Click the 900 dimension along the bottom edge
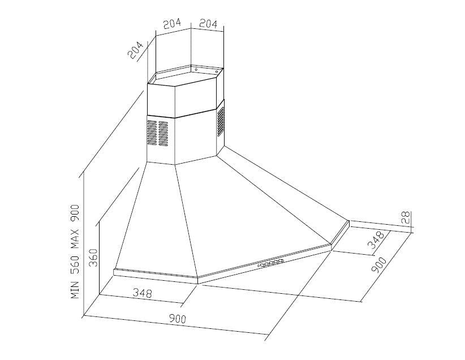click(178, 319)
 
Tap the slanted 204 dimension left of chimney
click(136, 50)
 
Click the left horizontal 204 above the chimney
click(172, 24)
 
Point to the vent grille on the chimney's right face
click(221, 120)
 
